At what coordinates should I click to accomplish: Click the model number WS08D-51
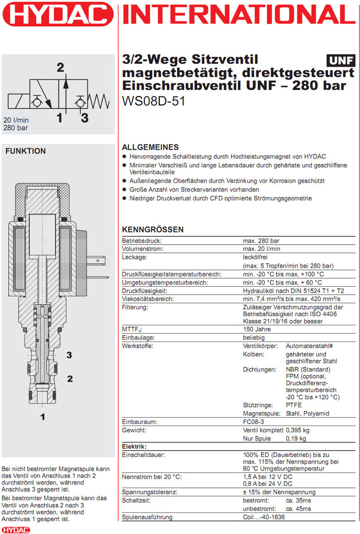[x=153, y=101]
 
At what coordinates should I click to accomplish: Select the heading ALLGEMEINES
[x=150, y=147]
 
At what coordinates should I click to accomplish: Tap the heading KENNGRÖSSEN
[x=153, y=230]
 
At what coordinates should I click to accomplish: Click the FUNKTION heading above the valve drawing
[x=25, y=151]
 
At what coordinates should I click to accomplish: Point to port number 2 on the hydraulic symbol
[x=61, y=67]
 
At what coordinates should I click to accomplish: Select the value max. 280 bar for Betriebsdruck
[x=261, y=241]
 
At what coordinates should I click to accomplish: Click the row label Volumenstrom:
[x=142, y=249]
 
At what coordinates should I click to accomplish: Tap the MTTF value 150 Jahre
[x=258, y=329]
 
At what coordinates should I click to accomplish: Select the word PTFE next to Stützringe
[x=295, y=405]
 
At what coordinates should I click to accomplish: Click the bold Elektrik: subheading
[x=134, y=447]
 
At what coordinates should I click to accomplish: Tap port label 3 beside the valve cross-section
[x=69, y=355]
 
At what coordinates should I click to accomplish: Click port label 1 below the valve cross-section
[x=43, y=417]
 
